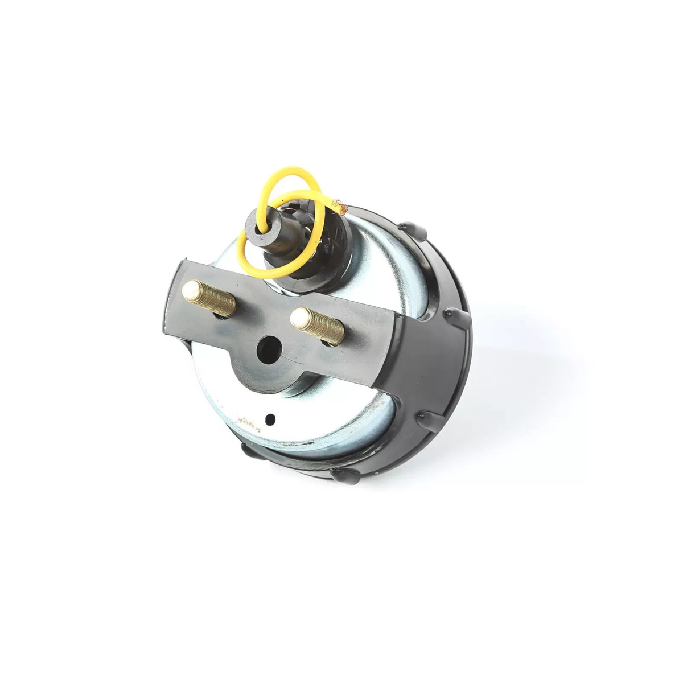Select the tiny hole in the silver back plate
(x=273, y=419)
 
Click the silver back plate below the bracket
(x=319, y=421)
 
